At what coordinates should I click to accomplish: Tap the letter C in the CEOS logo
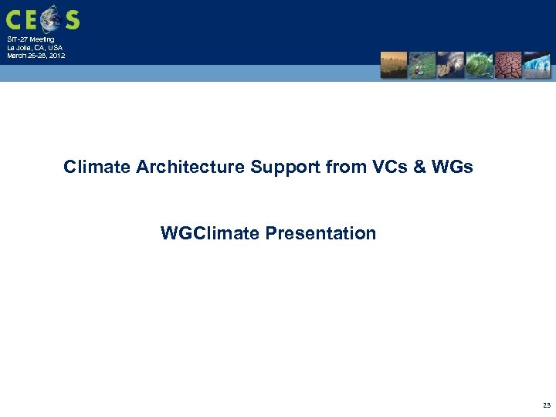pyautogui.click(x=14, y=19)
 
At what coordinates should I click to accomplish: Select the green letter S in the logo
pyautogui.click(x=72, y=19)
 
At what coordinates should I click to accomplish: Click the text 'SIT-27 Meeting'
pyautogui.click(x=31, y=39)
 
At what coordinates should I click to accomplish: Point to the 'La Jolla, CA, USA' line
pyautogui.click(x=35, y=47)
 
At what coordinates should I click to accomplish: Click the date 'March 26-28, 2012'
pyautogui.click(x=36, y=56)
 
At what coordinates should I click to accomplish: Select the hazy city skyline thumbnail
pyautogui.click(x=393, y=65)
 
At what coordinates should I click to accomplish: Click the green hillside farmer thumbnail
pyautogui.click(x=422, y=65)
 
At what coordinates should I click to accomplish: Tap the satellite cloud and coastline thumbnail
pyautogui.click(x=450, y=65)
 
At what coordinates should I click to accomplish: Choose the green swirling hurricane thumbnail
pyautogui.click(x=479, y=65)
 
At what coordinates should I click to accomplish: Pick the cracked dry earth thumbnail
pyautogui.click(x=507, y=65)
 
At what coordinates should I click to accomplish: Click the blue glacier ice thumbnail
pyautogui.click(x=536, y=65)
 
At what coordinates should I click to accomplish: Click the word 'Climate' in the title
pyautogui.click(x=97, y=167)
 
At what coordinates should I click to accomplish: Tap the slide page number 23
pyautogui.click(x=546, y=405)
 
